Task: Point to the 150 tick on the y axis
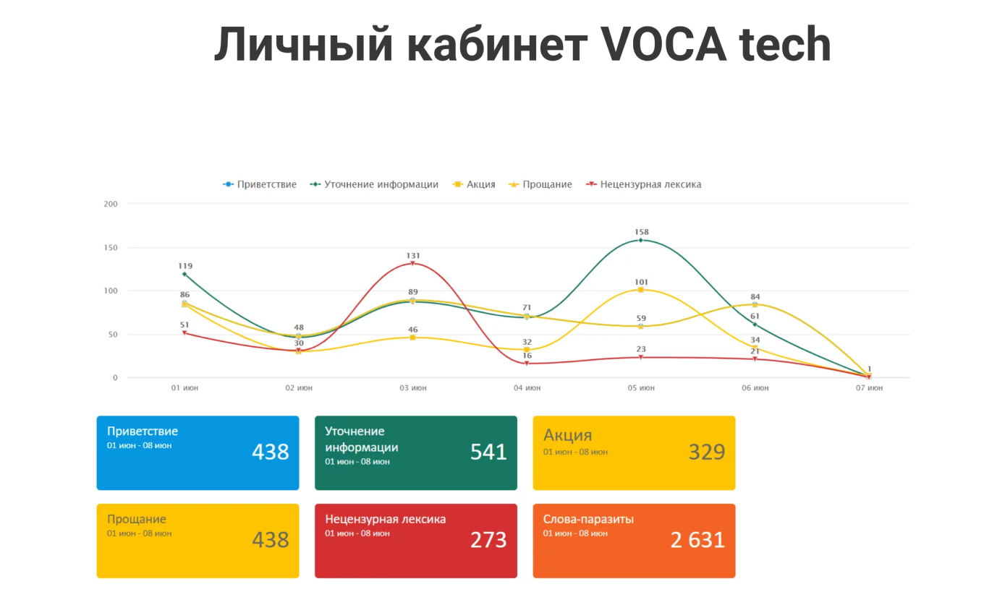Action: (111, 248)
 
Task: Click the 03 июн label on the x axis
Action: (413, 388)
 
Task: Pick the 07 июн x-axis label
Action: (869, 388)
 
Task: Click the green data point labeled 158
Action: (641, 240)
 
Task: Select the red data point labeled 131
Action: (413, 264)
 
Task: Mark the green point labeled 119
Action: (184, 274)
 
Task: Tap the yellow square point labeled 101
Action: (641, 290)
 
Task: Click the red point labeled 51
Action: (184, 333)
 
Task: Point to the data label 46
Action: (413, 330)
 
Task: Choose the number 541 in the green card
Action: (488, 452)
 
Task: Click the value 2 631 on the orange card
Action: (697, 540)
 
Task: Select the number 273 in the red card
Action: (488, 540)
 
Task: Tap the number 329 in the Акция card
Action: (706, 452)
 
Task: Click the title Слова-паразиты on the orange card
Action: (588, 519)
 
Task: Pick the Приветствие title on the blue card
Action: (143, 432)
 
